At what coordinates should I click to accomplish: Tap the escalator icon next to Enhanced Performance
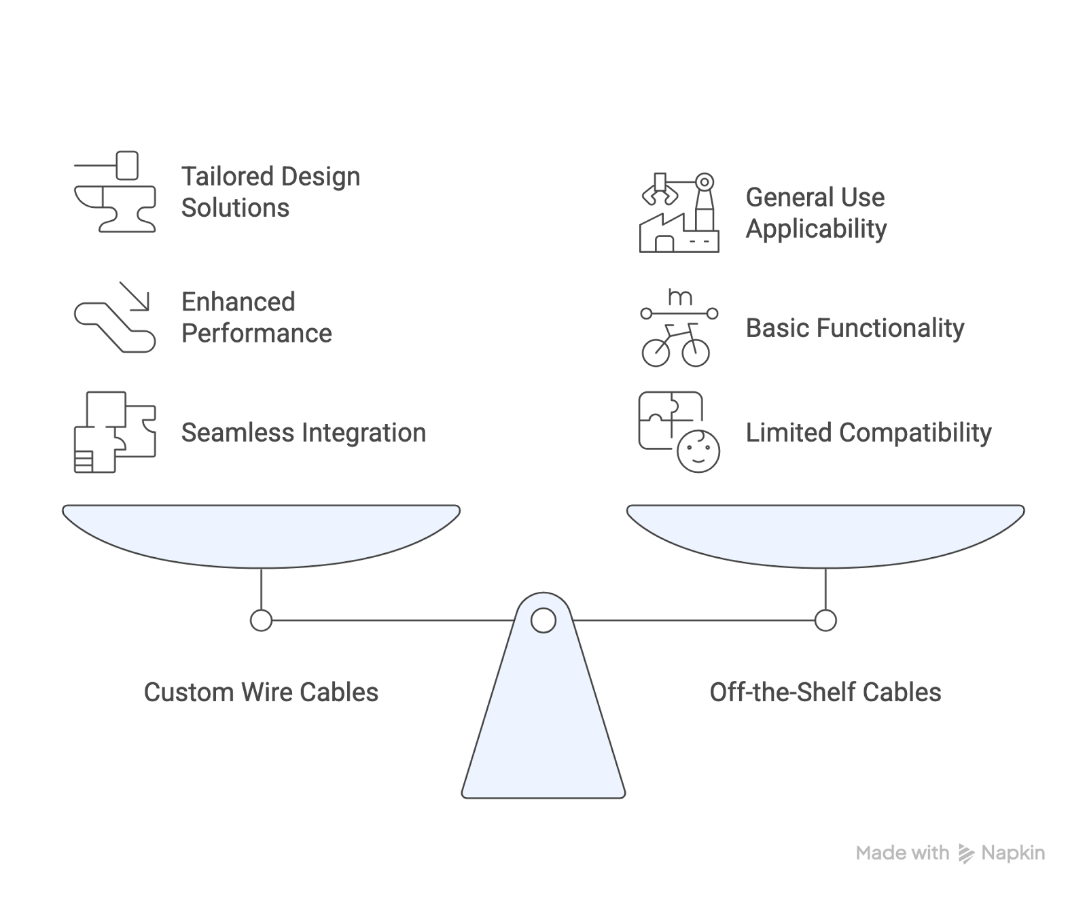coord(115,317)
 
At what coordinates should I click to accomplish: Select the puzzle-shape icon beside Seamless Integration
coord(115,432)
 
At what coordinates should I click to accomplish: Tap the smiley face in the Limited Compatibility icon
coord(698,450)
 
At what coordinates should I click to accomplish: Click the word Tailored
coord(226,177)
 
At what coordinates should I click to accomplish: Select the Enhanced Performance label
coord(256,317)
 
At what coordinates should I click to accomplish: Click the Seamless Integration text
coord(303,433)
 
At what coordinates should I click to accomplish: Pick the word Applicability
coord(816,229)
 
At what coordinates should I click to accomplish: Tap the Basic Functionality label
coord(855,328)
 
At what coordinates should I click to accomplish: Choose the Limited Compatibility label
coord(868,433)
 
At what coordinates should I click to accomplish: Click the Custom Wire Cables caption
coord(261,692)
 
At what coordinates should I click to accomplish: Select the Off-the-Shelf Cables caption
coord(825,692)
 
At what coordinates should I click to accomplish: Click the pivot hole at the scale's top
coord(543,620)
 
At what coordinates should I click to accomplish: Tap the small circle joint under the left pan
coord(261,620)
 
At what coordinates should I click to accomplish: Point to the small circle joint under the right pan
coord(825,620)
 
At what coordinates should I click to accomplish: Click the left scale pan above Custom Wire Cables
coord(261,533)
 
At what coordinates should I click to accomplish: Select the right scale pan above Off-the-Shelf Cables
coord(825,533)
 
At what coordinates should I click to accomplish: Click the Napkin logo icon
coord(966,853)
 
